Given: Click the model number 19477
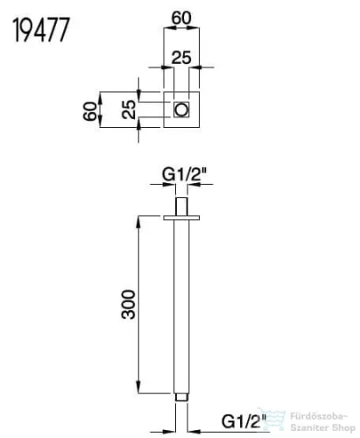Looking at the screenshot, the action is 41,30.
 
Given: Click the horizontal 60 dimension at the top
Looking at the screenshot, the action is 181,18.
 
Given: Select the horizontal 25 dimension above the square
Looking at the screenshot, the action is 181,57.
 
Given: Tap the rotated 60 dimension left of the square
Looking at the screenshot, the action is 89,111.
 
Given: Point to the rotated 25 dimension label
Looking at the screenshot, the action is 129,109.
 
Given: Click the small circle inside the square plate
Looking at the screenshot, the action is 181,109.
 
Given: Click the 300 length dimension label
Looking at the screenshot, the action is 129,305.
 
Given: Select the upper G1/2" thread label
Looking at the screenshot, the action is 184,175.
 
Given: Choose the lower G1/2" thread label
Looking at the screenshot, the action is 244,421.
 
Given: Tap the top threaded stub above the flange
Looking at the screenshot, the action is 181,207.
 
